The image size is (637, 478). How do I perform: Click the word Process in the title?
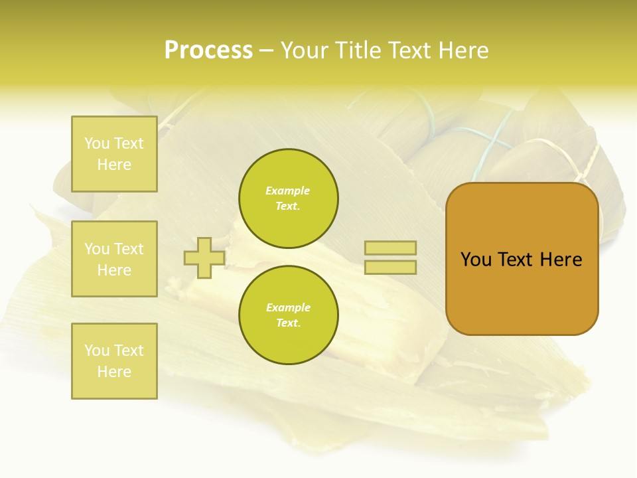pyautogui.click(x=208, y=50)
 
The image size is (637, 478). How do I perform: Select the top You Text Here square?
pyautogui.click(x=114, y=154)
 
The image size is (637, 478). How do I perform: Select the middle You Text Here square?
pyautogui.click(x=114, y=259)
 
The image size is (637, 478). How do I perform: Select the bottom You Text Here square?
pyautogui.click(x=114, y=361)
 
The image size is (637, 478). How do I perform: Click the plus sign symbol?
pyautogui.click(x=204, y=258)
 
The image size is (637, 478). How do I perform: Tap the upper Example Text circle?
pyautogui.click(x=288, y=199)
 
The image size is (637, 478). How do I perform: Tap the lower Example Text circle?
pyautogui.click(x=288, y=315)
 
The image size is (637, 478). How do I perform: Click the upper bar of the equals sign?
pyautogui.click(x=391, y=248)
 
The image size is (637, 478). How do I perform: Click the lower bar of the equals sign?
pyautogui.click(x=391, y=268)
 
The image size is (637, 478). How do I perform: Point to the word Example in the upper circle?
pyautogui.click(x=287, y=191)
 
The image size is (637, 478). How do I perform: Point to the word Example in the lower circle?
pyautogui.click(x=288, y=307)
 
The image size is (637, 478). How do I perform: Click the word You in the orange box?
pyautogui.click(x=476, y=260)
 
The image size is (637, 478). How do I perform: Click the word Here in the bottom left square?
pyautogui.click(x=114, y=372)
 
